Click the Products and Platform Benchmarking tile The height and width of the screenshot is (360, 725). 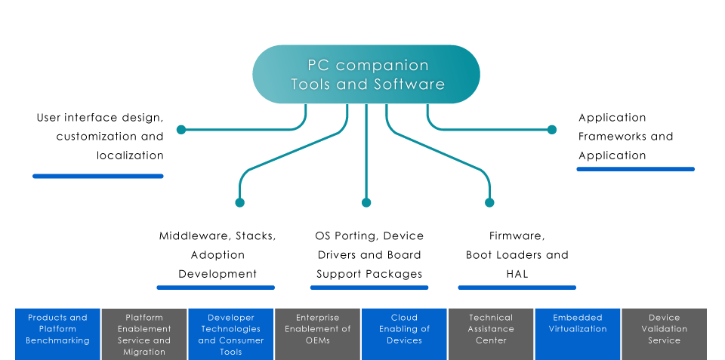57,333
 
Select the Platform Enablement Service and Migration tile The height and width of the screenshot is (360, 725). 144,333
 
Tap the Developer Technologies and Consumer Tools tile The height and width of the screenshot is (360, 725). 231,333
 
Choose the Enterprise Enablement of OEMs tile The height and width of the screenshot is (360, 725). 318,333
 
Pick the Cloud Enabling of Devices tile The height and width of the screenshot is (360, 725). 405,333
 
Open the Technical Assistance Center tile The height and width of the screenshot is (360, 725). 491,333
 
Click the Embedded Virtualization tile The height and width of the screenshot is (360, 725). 578,333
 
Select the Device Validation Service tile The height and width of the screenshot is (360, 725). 665,333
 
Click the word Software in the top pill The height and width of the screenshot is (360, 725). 409,85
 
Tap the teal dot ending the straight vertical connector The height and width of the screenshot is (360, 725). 366,202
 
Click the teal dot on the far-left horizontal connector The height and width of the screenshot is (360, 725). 180,130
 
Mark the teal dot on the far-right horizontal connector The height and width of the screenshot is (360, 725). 552,130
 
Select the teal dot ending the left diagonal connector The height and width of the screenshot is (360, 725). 240,202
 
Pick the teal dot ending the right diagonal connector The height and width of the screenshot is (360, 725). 489,202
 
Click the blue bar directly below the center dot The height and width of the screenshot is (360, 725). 369,288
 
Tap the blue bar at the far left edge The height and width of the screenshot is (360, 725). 98,177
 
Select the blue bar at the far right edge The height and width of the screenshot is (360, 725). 635,169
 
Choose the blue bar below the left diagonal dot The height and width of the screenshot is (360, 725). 215,288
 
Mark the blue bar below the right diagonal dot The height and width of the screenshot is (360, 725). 517,288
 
